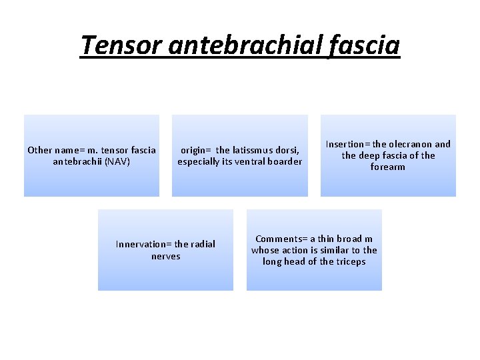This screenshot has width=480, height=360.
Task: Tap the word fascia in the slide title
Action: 364,45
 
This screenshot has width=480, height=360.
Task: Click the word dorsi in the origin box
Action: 288,149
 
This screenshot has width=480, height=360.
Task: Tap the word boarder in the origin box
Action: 284,161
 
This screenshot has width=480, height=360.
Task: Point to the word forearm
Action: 388,167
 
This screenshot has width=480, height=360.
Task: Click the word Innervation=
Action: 143,244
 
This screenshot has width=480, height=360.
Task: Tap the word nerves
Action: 166,256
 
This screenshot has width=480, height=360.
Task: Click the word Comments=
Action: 281,239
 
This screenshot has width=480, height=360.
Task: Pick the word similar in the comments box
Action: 328,250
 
